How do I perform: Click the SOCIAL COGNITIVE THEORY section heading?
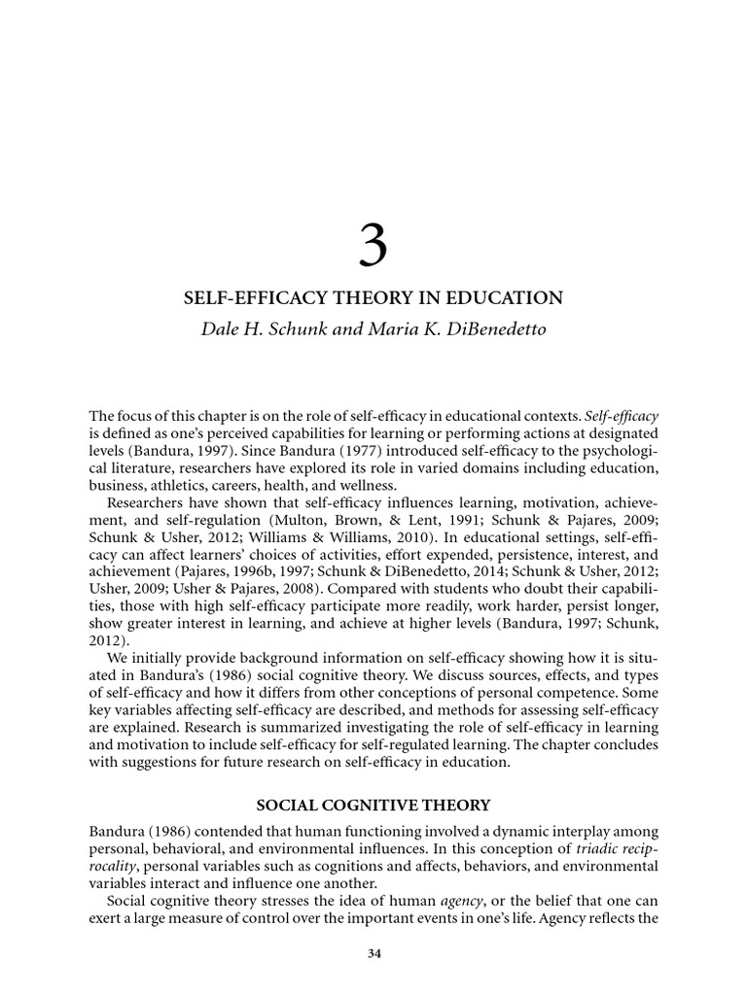(x=373, y=805)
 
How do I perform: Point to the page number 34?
(x=373, y=953)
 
